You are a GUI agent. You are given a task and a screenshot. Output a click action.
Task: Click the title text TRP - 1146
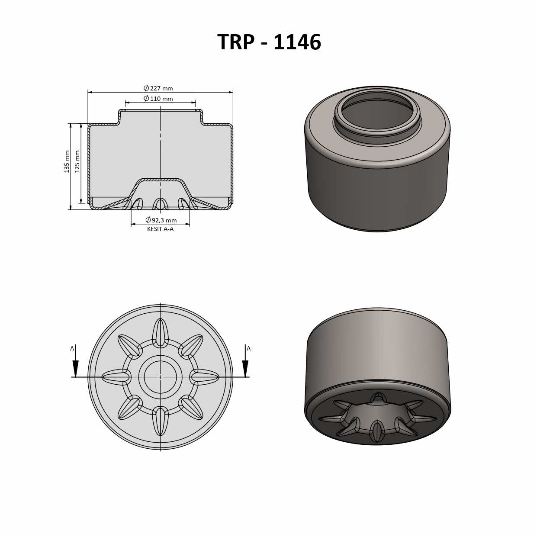click(x=269, y=42)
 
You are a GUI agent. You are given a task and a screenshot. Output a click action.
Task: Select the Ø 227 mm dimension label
click(x=158, y=88)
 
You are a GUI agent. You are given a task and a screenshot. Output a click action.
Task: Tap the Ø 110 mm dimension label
click(x=158, y=99)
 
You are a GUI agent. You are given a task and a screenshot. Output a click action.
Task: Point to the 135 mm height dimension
click(x=67, y=161)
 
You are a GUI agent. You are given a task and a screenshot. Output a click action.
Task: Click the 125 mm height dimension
click(x=77, y=161)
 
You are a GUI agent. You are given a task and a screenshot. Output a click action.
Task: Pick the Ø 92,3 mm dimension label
click(x=161, y=220)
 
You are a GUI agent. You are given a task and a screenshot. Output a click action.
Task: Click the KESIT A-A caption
click(x=160, y=229)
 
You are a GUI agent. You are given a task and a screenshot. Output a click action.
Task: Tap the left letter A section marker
click(x=72, y=348)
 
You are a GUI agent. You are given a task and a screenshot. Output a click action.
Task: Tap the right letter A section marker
click(x=248, y=348)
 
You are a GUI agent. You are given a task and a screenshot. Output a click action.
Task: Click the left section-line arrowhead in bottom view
click(x=76, y=368)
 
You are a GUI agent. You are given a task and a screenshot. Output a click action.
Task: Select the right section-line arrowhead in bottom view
click(x=245, y=368)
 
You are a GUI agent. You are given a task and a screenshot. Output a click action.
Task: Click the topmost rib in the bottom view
click(x=161, y=332)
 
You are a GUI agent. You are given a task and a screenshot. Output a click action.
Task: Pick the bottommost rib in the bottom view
click(x=161, y=421)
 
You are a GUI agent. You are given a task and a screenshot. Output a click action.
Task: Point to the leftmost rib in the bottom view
click(x=116, y=377)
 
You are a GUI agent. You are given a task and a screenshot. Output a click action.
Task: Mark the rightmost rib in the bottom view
click(x=205, y=377)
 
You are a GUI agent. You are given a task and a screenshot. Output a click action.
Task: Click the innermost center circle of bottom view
click(x=161, y=377)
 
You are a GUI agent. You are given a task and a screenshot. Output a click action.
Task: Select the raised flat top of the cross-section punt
click(x=161, y=180)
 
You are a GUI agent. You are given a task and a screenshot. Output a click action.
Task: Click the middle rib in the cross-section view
click(x=161, y=204)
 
